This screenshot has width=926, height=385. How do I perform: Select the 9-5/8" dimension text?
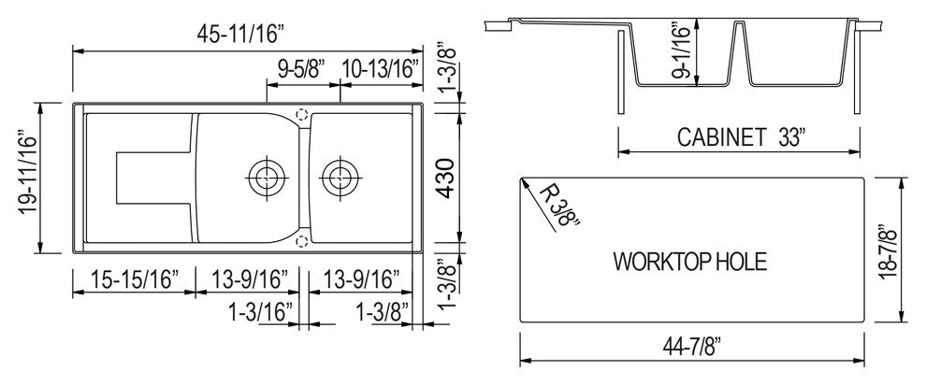(x=301, y=68)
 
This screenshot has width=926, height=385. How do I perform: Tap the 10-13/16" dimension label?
(x=379, y=68)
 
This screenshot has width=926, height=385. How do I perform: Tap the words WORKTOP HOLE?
(x=689, y=261)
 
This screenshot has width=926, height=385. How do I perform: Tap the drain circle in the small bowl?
(x=339, y=175)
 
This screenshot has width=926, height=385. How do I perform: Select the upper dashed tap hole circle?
(x=301, y=114)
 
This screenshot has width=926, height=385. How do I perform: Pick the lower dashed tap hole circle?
(x=301, y=241)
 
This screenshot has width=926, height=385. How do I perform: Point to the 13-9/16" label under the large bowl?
(x=250, y=278)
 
